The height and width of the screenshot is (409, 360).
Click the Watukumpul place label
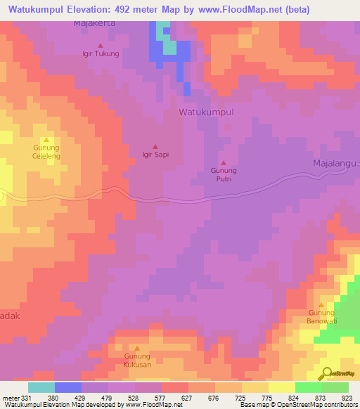[206, 112]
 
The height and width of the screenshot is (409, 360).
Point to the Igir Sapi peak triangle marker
[155, 146]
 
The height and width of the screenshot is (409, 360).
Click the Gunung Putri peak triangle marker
[224, 163]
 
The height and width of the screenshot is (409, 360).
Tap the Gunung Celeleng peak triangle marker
[46, 140]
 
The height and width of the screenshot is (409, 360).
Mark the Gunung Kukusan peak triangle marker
[137, 349]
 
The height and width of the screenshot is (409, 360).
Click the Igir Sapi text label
[155, 155]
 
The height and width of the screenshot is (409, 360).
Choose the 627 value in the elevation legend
[188, 396]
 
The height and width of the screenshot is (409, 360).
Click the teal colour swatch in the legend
[41, 387]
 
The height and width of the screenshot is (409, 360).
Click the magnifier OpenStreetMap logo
[326, 372]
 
